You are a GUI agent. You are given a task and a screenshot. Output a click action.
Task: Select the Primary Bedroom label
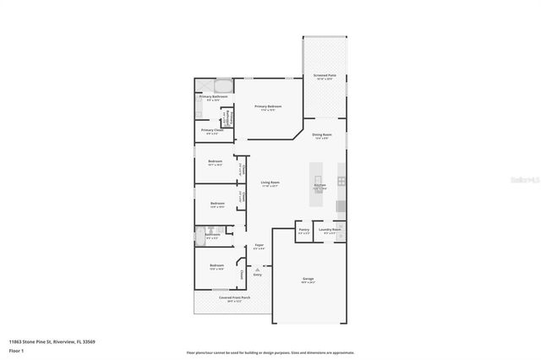coord(268,106)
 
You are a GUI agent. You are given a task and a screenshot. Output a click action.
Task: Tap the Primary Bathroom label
coord(213,97)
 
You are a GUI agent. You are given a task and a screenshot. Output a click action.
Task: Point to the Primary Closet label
coord(212,130)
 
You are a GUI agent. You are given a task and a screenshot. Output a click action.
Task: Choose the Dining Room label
coord(321,134)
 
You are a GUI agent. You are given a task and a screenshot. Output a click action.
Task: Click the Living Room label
coord(270,183)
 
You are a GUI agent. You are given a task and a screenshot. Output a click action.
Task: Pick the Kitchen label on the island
coord(320,185)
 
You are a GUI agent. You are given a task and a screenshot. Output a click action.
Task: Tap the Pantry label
coord(303,230)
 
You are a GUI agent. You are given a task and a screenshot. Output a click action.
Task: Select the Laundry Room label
coord(331,230)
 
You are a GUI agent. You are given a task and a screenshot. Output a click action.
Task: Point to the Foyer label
coord(260,247)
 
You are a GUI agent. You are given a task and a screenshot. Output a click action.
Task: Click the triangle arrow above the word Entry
coord(258,269)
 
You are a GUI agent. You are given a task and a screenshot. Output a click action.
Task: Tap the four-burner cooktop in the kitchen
coord(342,181)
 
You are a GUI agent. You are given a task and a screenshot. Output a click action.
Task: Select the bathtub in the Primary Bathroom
coord(223,85)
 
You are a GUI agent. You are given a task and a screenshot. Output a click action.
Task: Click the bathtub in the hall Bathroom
coord(203,231)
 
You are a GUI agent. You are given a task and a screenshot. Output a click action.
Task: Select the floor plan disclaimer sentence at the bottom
coord(270,352)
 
